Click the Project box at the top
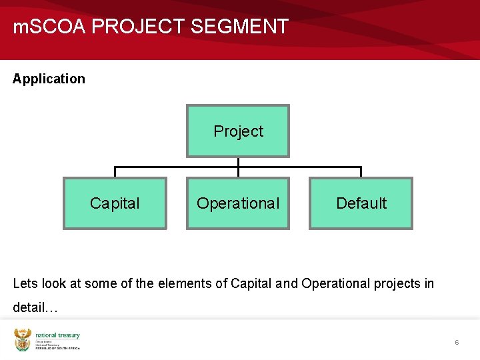click(x=238, y=131)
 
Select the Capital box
click(x=115, y=203)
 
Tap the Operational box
click(x=238, y=203)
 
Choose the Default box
click(x=361, y=203)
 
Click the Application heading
click(x=49, y=79)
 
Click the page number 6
click(x=457, y=342)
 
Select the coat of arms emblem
click(x=23, y=340)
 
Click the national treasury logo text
click(x=57, y=336)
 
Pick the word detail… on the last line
click(x=35, y=308)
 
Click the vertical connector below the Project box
click(x=238, y=162)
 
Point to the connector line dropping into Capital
click(x=115, y=172)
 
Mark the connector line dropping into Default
click(x=361, y=172)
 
